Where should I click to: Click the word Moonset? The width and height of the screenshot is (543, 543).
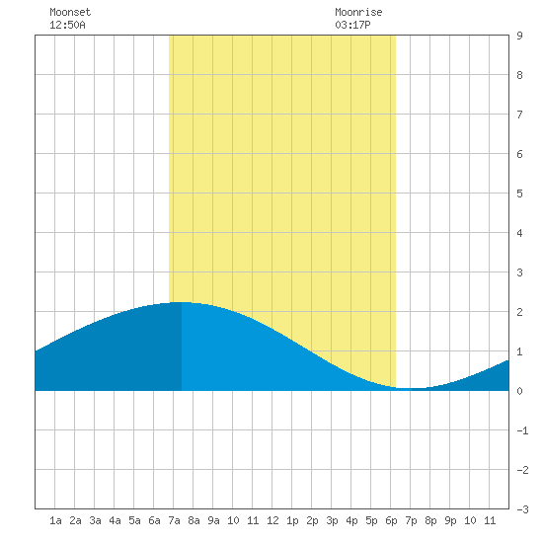(70, 12)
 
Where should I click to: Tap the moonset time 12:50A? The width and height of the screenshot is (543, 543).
(67, 25)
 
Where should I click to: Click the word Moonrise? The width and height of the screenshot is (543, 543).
(358, 12)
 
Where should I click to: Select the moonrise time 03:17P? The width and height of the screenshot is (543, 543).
(352, 25)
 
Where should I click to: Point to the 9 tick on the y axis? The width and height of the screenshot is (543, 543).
(519, 36)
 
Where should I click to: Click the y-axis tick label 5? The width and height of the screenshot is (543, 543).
(519, 194)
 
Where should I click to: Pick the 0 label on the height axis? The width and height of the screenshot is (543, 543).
(519, 391)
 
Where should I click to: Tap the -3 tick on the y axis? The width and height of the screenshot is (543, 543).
(522, 509)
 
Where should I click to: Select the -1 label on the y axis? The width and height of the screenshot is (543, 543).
(522, 430)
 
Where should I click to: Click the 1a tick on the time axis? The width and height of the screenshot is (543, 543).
(55, 520)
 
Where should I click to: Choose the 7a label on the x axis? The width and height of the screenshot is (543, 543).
(174, 520)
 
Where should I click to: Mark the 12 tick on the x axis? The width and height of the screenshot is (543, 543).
(272, 520)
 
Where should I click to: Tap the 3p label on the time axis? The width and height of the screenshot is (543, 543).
(332, 520)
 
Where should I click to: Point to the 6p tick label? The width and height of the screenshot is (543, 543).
(391, 520)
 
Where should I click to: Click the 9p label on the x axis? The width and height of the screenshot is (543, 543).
(450, 520)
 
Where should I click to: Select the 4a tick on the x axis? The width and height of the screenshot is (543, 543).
(115, 520)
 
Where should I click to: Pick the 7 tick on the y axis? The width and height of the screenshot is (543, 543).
(519, 115)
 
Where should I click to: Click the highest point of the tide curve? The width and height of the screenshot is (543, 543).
(181, 302)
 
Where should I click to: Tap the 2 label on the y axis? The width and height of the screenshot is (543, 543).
(519, 312)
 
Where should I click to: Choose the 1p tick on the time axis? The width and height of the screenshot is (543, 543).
(292, 520)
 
